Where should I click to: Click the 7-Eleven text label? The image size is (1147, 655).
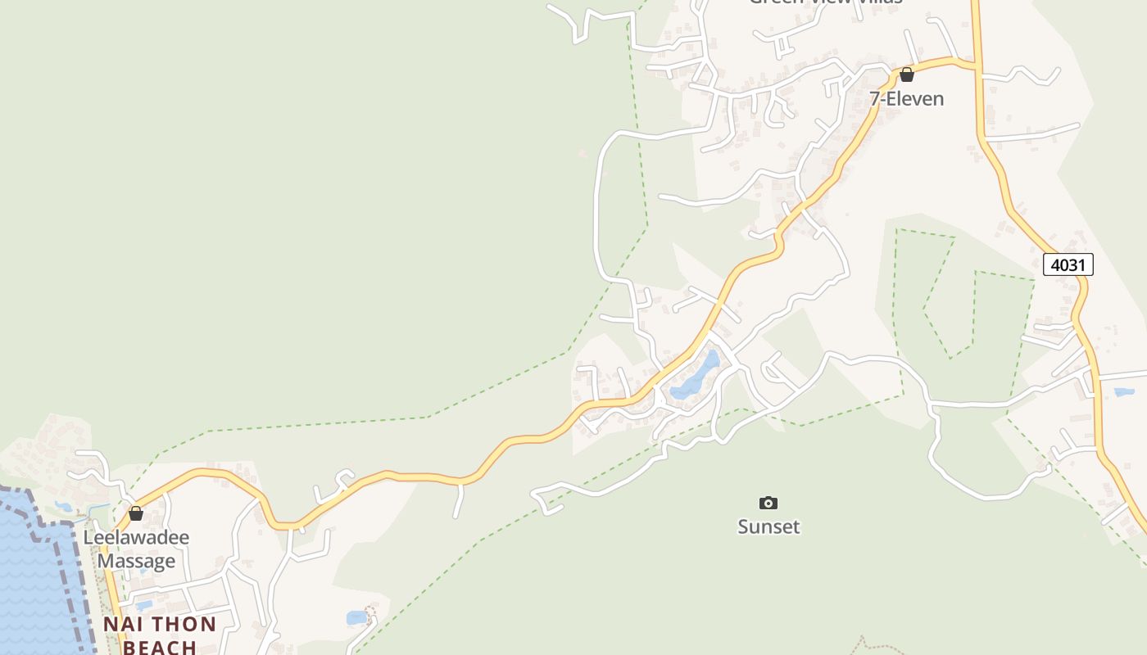click(906, 99)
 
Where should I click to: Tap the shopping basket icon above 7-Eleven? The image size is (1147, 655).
click(906, 75)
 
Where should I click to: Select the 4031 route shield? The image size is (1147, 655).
click(1068, 264)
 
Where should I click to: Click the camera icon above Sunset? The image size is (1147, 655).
click(768, 503)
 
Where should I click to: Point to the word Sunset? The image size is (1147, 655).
click(768, 526)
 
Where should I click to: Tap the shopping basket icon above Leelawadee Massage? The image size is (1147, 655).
click(136, 513)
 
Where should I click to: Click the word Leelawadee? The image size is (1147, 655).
click(136, 538)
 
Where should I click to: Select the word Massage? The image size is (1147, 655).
click(136, 562)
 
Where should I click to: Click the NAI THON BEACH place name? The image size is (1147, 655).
click(160, 635)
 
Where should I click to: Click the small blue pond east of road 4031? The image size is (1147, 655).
click(1124, 392)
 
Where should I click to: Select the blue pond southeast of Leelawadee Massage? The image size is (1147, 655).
click(357, 617)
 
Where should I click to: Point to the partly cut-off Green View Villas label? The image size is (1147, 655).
click(825, 2)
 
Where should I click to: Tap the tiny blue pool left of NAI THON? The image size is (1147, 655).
click(144, 606)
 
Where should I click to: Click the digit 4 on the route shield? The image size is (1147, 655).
click(1055, 264)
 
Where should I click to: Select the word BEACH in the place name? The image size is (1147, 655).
click(160, 647)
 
